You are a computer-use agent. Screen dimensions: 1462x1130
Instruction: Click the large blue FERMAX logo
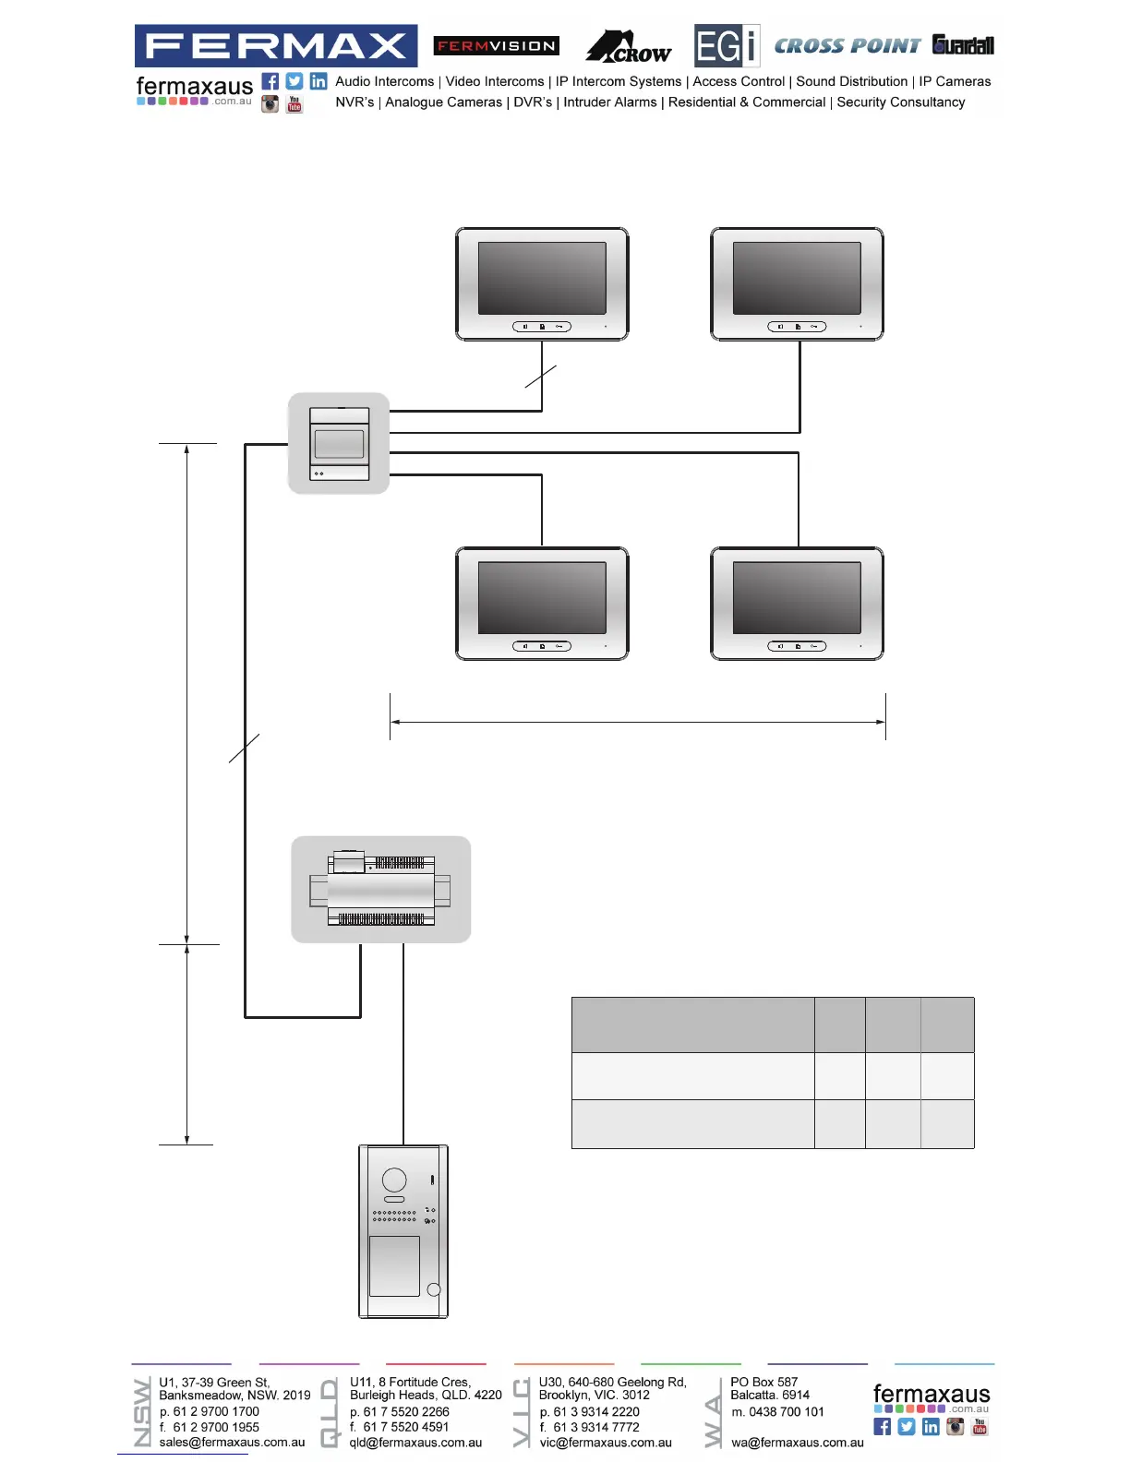pos(275,45)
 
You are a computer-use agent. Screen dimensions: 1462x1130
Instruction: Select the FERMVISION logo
pos(497,46)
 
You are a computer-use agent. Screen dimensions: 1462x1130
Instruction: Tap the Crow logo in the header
pos(629,46)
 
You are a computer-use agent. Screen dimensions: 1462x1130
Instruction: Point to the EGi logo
pos(727,46)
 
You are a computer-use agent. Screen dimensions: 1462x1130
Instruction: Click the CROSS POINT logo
pos(847,46)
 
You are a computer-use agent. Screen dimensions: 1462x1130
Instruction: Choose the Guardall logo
pos(963,45)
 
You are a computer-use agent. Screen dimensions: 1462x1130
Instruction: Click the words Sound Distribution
pos(852,81)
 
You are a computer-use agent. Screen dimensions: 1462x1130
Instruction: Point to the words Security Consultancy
pos(901,102)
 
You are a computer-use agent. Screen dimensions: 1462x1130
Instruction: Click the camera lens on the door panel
pos(394,1179)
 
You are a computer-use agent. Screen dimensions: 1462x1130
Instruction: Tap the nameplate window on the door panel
pos(394,1265)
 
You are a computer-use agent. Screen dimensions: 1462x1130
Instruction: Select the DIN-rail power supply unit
pos(380,890)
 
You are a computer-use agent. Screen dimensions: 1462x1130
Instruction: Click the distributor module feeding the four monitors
pos(339,443)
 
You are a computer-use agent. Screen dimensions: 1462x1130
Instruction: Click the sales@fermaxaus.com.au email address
pos(232,1442)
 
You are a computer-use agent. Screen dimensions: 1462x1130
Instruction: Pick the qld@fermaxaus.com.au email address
pos(415,1442)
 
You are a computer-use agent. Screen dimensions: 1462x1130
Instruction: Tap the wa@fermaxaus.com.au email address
pos(798,1442)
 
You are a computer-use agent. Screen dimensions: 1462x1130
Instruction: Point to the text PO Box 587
pos(763,1382)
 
